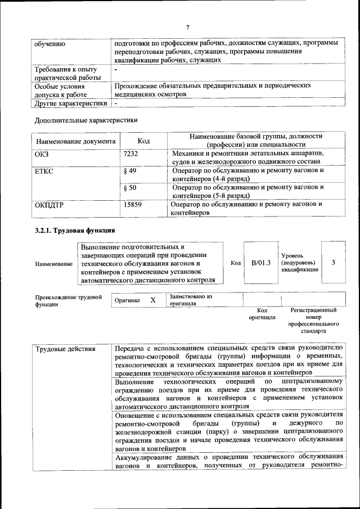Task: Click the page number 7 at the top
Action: (x=188, y=28)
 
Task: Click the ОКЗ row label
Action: (x=42, y=154)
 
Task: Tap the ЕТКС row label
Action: (x=44, y=170)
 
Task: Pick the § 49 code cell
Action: (x=129, y=170)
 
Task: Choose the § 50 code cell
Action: (x=129, y=187)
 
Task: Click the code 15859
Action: (x=133, y=205)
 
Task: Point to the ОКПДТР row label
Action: (x=49, y=205)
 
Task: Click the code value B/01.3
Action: (x=260, y=263)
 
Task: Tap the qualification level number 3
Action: (x=333, y=263)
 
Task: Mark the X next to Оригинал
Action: (x=153, y=300)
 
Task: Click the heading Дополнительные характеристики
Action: (x=86, y=120)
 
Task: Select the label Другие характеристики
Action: (x=71, y=103)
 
